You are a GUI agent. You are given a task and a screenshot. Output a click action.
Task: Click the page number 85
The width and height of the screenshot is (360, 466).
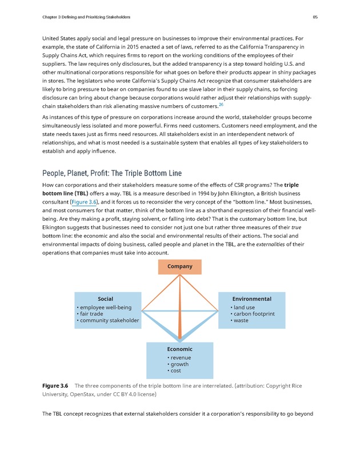coord(315,17)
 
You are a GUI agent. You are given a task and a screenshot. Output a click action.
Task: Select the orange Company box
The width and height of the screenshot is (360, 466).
coord(179,266)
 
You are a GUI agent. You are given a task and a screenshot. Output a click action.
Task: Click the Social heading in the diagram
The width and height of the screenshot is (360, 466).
coord(105,299)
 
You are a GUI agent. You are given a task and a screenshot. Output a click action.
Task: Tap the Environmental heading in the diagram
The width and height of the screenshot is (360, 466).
coord(251,299)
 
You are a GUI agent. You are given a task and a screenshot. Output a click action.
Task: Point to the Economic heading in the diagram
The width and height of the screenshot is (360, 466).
coord(179,349)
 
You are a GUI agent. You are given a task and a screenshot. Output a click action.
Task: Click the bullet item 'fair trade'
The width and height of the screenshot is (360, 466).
coord(91,314)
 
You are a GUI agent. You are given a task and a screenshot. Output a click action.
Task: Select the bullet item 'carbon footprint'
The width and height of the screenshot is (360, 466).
coord(254,314)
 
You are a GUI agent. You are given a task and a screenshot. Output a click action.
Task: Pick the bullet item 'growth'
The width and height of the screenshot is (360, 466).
coord(179,364)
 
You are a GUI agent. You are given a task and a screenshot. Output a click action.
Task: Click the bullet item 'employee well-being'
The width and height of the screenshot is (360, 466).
coord(105,308)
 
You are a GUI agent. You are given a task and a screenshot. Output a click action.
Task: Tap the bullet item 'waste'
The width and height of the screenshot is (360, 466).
coord(241,321)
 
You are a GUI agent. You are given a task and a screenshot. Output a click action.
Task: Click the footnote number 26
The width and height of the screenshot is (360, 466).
coord(221,105)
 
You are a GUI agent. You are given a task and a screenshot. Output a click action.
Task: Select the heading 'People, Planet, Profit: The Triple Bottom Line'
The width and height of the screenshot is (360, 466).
coord(112,173)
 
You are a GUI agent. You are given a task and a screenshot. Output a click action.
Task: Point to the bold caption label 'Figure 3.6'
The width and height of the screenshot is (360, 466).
coord(55,385)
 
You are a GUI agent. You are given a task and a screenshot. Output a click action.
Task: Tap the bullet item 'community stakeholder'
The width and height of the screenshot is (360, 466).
coord(109,321)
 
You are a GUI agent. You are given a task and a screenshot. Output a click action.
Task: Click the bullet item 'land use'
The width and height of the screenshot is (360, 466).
coord(244,308)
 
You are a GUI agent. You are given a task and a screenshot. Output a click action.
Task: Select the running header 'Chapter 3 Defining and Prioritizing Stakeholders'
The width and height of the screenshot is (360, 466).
coord(86,17)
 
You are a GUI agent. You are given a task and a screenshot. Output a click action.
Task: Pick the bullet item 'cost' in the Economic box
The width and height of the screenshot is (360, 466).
coord(176,371)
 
